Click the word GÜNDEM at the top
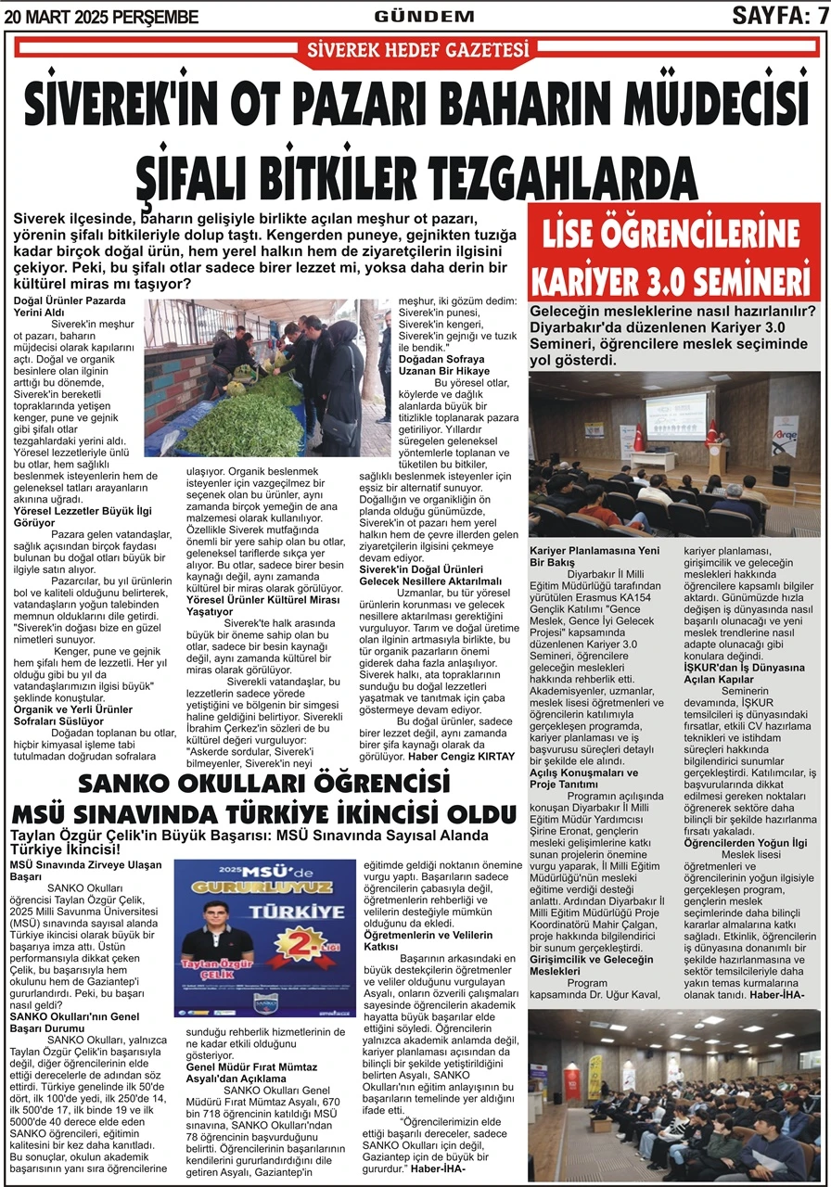click(424, 16)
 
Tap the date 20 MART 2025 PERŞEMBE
click(101, 17)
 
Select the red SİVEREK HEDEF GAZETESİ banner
click(417, 49)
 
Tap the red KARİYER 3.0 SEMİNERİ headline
click(674, 278)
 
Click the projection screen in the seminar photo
click(675, 412)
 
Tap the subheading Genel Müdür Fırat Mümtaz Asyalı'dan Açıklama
click(251, 1073)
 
